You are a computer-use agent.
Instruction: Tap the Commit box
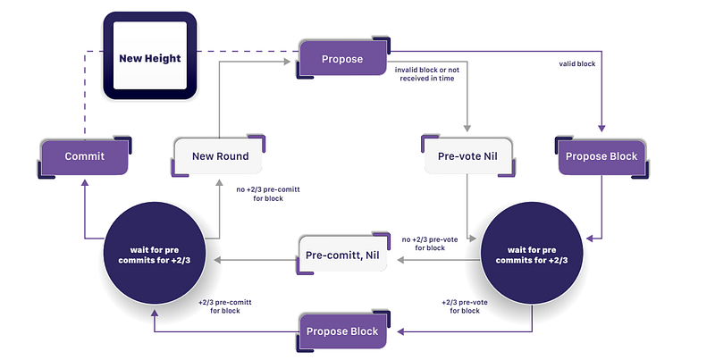(x=85, y=156)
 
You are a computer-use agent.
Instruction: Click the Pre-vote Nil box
(x=467, y=156)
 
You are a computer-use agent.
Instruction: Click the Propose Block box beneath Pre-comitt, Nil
(x=342, y=331)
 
